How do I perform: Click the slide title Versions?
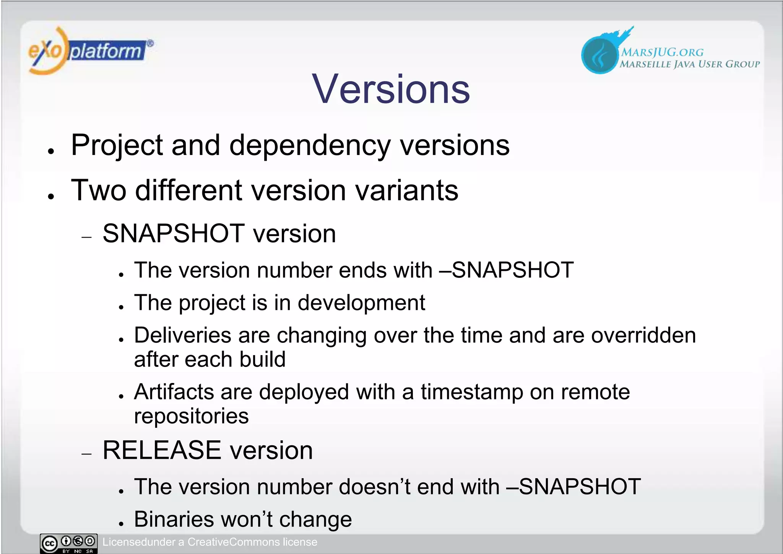point(391,89)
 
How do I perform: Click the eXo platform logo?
point(90,51)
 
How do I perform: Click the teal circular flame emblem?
point(599,54)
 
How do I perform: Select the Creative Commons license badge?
point(69,543)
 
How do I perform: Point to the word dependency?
point(310,146)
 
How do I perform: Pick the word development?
point(361,303)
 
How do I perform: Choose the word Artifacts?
point(174,392)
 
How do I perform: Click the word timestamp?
point(472,392)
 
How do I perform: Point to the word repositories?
point(191,416)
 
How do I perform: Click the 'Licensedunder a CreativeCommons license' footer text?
point(210,542)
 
